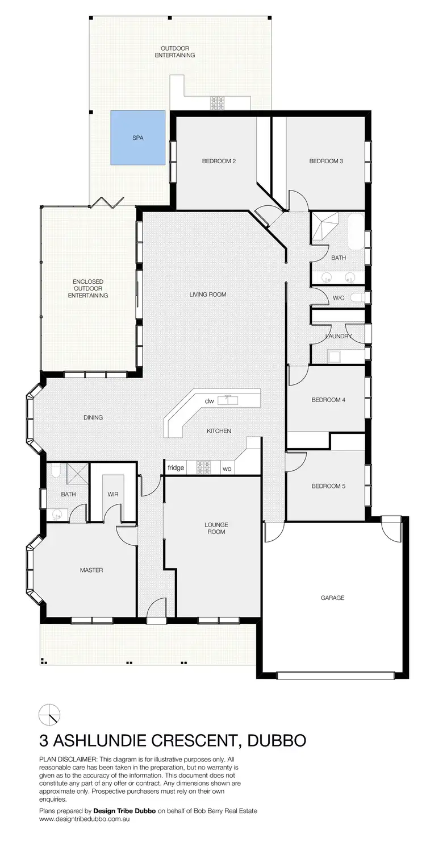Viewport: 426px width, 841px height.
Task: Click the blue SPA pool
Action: coord(137,138)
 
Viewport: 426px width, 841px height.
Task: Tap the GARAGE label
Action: coord(332,598)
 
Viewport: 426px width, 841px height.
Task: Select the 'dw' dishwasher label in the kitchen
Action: coord(210,401)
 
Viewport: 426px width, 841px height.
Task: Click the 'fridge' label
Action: coord(176,468)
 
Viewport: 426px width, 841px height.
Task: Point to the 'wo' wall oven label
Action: coord(226,469)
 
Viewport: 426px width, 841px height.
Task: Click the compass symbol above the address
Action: coord(49,714)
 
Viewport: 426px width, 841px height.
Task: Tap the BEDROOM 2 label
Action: coord(219,161)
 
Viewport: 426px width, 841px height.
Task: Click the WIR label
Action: coord(113,494)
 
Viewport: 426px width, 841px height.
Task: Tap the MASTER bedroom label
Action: coord(91,570)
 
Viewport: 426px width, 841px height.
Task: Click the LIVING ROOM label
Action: coord(208,295)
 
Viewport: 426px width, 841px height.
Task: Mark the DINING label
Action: coord(93,417)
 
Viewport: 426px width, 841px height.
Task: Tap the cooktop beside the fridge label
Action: coord(203,467)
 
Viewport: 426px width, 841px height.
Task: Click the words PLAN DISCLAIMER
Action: coord(68,759)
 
